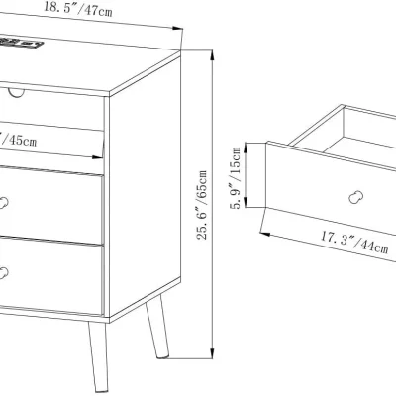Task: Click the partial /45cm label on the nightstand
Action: tap(20, 141)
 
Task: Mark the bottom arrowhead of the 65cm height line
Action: tap(213, 352)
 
